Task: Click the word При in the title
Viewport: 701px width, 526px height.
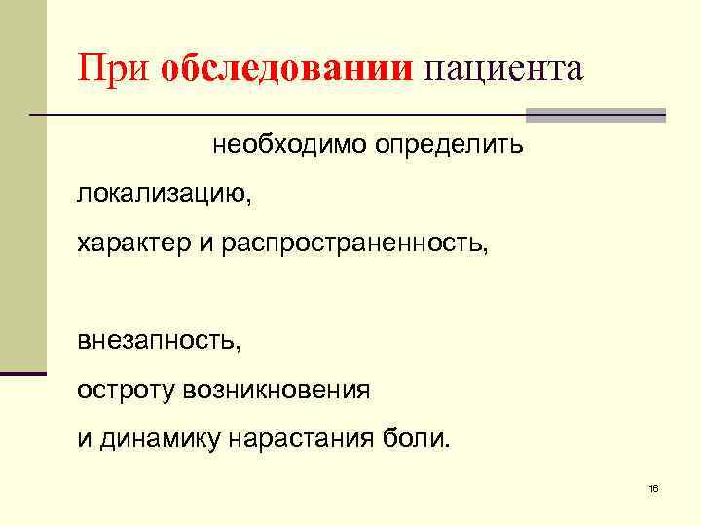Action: click(115, 70)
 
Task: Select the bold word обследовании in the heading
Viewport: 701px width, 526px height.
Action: click(287, 70)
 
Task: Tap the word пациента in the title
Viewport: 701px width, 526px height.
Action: click(502, 70)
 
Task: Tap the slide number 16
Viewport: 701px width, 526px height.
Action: click(653, 487)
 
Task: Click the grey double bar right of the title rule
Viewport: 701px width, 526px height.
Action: click(595, 115)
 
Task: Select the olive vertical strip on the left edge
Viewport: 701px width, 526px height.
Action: click(22, 185)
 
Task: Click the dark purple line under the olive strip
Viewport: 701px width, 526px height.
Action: click(22, 373)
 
